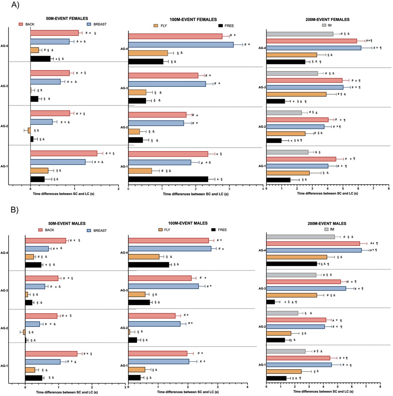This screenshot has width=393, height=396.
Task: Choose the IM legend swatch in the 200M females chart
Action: click(325, 25)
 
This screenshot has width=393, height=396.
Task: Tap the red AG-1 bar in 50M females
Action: click(64, 153)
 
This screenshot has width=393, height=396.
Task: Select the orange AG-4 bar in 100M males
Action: click(144, 257)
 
